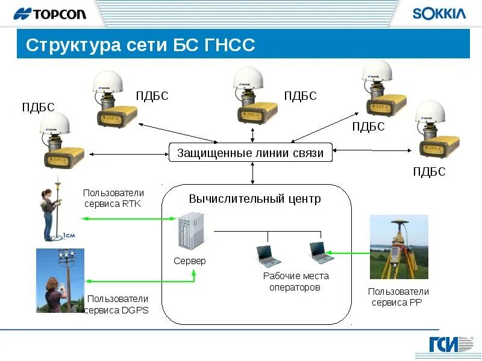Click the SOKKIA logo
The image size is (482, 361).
[439, 14]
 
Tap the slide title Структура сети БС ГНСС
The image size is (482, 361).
[141, 45]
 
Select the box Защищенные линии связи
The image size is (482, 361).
[250, 153]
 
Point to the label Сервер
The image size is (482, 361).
[190, 261]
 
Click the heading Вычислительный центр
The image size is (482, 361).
[255, 199]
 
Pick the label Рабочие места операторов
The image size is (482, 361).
[296, 282]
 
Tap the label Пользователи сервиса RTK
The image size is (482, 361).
[114, 198]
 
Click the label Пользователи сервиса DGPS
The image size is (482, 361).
[117, 304]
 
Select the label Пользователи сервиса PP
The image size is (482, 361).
[398, 297]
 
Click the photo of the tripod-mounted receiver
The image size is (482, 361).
[399, 247]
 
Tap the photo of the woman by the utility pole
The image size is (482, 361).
[60, 280]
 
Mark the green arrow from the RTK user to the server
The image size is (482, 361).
[127, 218]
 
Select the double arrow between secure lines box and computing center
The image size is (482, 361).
[252, 173]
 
